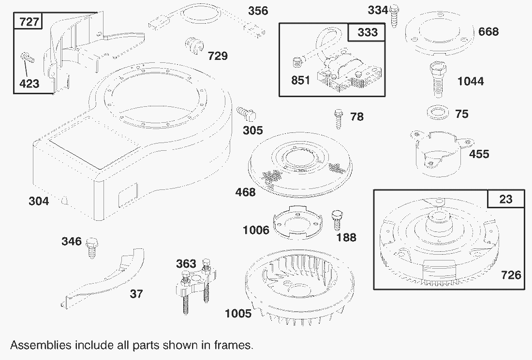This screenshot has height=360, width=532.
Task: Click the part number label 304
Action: tap(39, 201)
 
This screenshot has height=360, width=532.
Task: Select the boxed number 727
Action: tap(30, 22)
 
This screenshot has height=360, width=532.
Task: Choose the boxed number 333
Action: tap(368, 32)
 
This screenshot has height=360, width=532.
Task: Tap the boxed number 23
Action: tap(505, 199)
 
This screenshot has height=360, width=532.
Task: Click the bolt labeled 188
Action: tap(335, 220)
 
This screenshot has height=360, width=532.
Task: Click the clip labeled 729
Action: tap(194, 46)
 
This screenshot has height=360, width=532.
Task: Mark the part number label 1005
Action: tap(238, 314)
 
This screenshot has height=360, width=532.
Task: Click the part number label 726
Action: tap(511, 275)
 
